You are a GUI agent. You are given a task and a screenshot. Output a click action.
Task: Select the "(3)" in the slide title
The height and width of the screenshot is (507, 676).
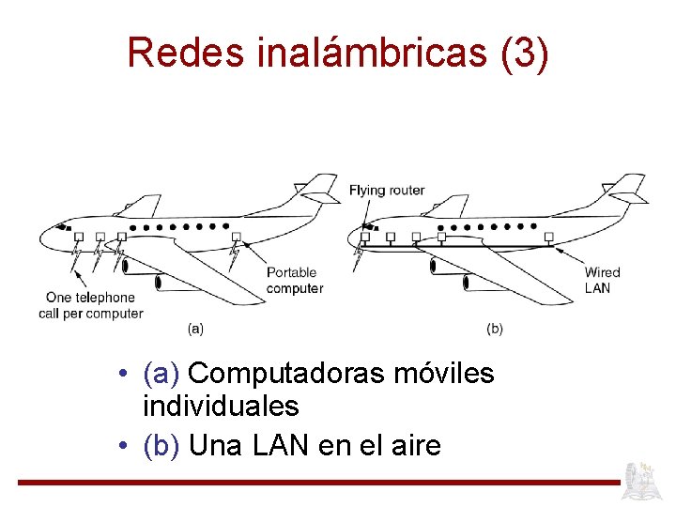tap(525, 53)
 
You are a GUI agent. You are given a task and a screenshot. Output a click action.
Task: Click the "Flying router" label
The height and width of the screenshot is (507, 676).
tap(387, 191)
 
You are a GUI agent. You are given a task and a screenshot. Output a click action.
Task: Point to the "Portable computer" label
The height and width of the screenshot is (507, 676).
tap(294, 281)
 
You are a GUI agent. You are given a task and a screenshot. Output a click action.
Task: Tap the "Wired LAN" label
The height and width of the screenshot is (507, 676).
tap(602, 280)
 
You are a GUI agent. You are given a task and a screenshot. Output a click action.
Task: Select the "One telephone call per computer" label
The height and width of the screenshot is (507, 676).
tap(91, 306)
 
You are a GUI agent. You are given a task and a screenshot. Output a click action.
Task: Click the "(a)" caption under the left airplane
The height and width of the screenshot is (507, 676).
tap(195, 329)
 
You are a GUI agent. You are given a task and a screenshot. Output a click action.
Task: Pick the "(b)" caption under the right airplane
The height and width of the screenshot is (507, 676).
tap(495, 329)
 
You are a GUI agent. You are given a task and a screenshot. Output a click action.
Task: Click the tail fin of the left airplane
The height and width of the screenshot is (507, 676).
tap(318, 187)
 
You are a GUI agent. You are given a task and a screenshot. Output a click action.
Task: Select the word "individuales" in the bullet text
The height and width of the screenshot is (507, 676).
tap(221, 407)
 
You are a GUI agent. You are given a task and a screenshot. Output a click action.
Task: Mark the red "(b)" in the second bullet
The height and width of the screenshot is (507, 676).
tap(161, 445)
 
